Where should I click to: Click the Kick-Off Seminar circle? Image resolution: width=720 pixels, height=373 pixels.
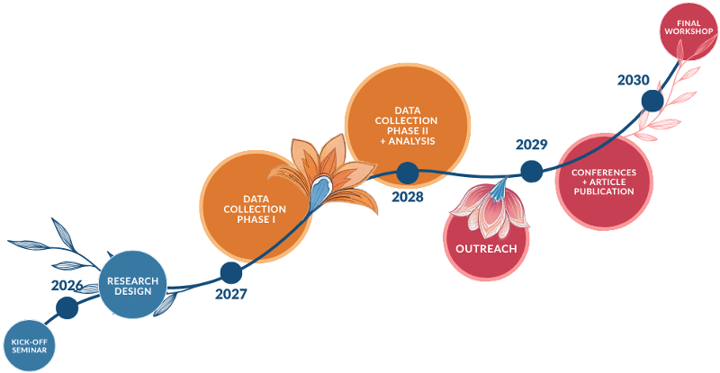(30, 345)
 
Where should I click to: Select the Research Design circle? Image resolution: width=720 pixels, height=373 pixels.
(132, 285)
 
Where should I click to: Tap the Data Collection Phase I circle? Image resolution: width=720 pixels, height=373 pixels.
(256, 208)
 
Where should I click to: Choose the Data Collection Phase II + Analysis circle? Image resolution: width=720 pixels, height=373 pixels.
(408, 126)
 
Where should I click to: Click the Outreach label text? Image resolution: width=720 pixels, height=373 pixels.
(486, 249)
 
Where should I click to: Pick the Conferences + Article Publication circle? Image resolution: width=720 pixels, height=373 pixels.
(604, 182)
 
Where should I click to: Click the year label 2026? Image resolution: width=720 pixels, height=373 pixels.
(67, 286)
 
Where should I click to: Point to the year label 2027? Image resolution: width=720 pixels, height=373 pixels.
(231, 294)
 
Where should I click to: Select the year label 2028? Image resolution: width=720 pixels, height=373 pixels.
(408, 197)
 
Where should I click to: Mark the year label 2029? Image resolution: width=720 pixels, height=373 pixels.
(532, 145)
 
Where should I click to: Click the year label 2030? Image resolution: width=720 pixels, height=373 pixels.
(634, 80)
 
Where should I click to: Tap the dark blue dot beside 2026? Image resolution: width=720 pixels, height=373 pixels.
(67, 308)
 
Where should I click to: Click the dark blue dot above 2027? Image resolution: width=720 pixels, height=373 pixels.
(231, 273)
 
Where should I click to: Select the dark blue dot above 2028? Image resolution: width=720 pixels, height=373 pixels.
(408, 173)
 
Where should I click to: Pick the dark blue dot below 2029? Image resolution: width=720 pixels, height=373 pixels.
(532, 172)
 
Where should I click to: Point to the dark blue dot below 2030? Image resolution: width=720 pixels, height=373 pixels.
(652, 101)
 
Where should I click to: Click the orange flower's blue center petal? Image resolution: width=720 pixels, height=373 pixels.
(320, 191)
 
